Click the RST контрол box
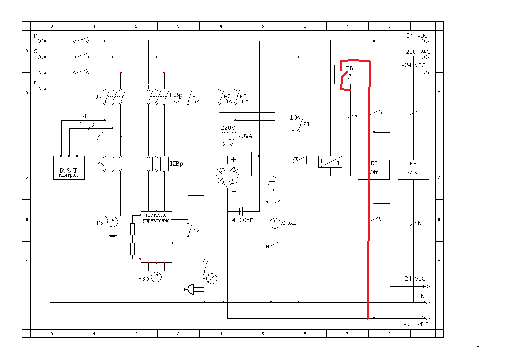coord(69,168)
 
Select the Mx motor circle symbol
coord(113,222)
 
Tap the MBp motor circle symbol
coord(156,277)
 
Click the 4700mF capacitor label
coord(242,220)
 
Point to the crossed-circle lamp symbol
coord(212,279)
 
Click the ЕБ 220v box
coord(413,170)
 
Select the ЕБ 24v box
coord(374,170)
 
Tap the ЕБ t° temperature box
coord(350,74)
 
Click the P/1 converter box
coord(330,162)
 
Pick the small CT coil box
coord(299,160)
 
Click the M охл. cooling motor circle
coord(275,223)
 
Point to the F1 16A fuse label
coord(195,99)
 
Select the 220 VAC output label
coord(418,52)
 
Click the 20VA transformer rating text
coord(245,136)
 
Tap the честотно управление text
coord(156,217)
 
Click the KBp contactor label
coord(177,164)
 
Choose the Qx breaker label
coord(98,96)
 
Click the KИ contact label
coord(196,231)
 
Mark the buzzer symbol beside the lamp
coord(190,289)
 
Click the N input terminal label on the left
coord(36,83)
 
